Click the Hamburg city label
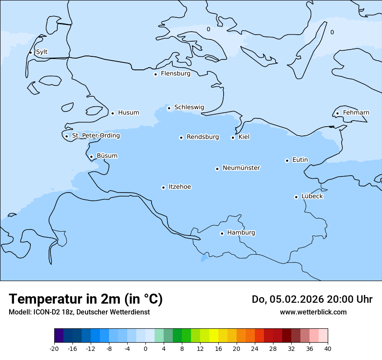click(x=241, y=232)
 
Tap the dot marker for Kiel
click(x=233, y=137)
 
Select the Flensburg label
click(x=175, y=74)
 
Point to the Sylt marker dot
click(x=30, y=52)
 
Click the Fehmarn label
click(x=356, y=113)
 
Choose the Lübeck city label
click(x=312, y=196)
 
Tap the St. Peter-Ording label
click(x=95, y=136)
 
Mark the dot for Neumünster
click(x=217, y=169)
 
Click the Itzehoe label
click(x=180, y=187)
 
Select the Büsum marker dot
click(x=91, y=157)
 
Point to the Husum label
click(x=128, y=113)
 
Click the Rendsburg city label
click(x=203, y=137)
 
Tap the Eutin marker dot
click(x=287, y=160)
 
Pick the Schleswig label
click(x=189, y=107)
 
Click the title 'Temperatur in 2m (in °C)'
click(x=86, y=299)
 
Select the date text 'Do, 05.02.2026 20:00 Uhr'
click(x=312, y=299)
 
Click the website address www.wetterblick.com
click(x=313, y=312)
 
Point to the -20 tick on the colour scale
click(x=54, y=348)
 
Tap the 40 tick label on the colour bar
click(x=328, y=348)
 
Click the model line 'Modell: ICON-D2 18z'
click(x=41, y=312)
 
